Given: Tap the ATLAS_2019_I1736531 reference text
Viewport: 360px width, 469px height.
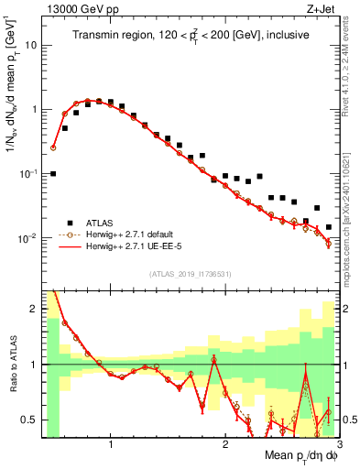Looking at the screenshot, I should (191, 274).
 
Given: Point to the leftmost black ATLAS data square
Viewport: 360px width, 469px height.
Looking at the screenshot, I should (53, 173).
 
